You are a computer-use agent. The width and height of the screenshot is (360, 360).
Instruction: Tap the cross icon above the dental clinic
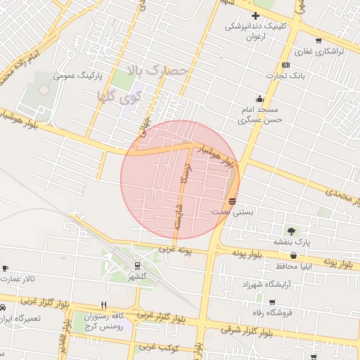tap(255, 15)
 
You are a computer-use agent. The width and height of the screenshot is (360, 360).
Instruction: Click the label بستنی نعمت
tap(231, 211)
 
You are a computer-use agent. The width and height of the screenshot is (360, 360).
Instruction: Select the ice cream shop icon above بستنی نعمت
tap(232, 200)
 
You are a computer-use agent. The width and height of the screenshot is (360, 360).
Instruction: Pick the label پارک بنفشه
tap(291, 242)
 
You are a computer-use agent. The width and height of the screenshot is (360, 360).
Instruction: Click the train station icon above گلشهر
tap(136, 265)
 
